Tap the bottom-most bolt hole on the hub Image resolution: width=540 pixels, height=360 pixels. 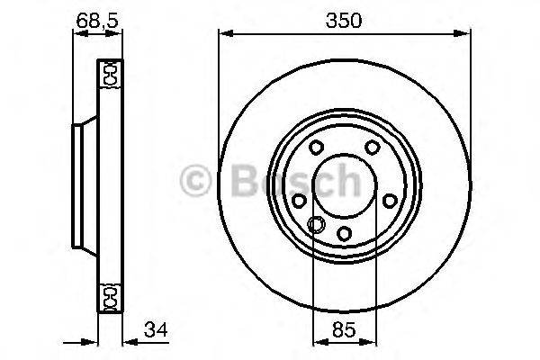(x=344, y=235)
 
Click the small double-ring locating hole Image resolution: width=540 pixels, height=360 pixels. (x=316, y=225)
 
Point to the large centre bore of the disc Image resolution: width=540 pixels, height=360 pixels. (x=344, y=189)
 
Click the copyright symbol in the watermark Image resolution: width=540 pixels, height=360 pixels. (x=195, y=182)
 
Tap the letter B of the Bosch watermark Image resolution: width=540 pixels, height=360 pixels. (x=237, y=182)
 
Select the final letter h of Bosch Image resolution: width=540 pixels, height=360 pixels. (x=364, y=182)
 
